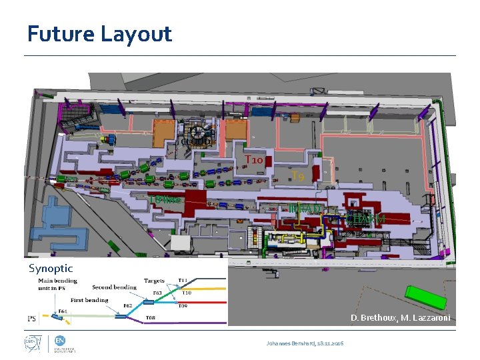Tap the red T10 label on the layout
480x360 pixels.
tap(257, 160)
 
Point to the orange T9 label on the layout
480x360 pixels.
tap(299, 176)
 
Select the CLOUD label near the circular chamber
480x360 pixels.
tap(198, 141)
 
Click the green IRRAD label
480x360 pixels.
tap(307, 209)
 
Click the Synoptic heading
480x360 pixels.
tap(51, 268)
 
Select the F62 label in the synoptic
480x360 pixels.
tap(128, 306)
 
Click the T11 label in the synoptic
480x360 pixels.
tap(182, 281)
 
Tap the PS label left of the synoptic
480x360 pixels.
tap(32, 318)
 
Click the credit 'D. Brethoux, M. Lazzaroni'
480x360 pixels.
tap(400, 317)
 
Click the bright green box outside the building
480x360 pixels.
tap(426, 297)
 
